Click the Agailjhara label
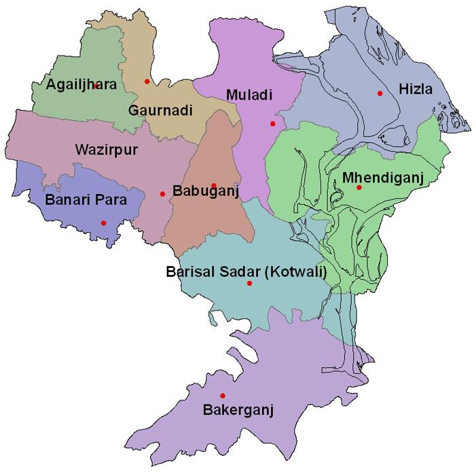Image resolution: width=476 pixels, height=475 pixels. click(x=81, y=85)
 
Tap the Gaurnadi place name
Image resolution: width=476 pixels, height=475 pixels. click(x=160, y=110)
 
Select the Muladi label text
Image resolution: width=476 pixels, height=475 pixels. click(x=249, y=95)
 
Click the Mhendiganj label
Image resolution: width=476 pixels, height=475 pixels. click(x=382, y=177)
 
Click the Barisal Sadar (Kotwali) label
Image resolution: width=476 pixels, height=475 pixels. click(x=246, y=271)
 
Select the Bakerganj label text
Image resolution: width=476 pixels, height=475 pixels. click(x=237, y=410)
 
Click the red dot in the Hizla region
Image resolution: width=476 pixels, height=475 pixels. click(x=380, y=94)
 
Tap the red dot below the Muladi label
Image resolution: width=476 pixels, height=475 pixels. click(x=272, y=123)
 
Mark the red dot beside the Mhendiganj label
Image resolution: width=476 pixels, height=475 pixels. click(x=359, y=187)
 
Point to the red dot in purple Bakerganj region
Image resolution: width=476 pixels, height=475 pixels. click(x=223, y=396)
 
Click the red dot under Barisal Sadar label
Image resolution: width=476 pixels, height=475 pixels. click(x=249, y=283)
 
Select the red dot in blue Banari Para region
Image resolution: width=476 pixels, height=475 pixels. click(x=103, y=223)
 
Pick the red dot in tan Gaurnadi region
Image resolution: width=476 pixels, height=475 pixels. click(x=147, y=81)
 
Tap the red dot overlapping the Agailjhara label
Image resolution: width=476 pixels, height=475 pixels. click(x=96, y=86)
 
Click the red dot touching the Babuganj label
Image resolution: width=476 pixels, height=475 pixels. click(x=214, y=185)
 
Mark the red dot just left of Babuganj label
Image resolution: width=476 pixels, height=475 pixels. click(x=162, y=194)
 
